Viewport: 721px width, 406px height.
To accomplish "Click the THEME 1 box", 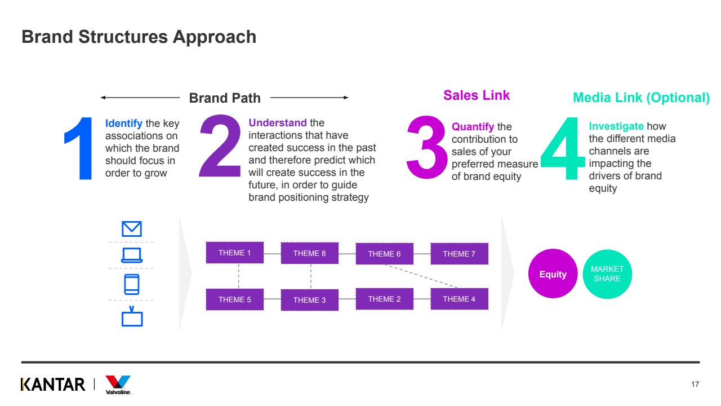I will (235, 253).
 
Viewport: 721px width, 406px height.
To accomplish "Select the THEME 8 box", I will (309, 253).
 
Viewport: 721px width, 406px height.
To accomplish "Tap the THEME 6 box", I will (384, 254).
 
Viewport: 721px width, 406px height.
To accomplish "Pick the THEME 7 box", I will (459, 254).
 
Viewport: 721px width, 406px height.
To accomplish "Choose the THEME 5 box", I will (235, 299).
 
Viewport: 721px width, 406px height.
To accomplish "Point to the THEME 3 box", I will (309, 300).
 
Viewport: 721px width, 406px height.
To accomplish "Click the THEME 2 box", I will (384, 299).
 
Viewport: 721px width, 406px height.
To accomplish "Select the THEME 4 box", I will (459, 299).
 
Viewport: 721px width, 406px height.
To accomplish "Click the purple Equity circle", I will (553, 274).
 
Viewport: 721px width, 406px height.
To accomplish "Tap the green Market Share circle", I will (607, 274).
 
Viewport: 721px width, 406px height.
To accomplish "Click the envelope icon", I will (132, 228).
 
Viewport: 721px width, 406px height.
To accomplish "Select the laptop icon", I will (132, 255).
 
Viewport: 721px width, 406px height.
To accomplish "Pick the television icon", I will (132, 317).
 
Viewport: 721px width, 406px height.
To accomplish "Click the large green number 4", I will (563, 149).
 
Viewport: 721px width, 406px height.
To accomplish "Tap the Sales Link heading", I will (477, 95).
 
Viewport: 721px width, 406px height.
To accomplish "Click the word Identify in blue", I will (124, 123).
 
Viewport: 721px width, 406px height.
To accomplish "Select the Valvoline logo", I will (118, 385).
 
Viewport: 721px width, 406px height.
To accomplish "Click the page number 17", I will (695, 385).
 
